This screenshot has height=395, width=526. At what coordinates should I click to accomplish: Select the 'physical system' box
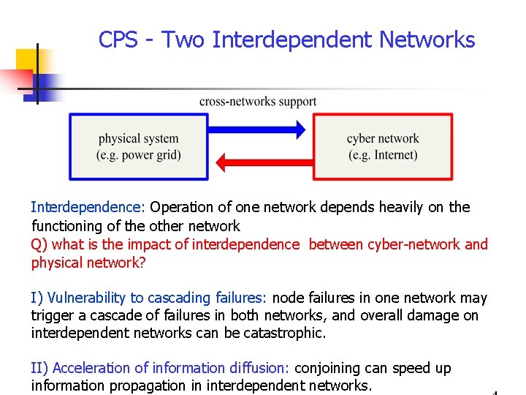pos(139,146)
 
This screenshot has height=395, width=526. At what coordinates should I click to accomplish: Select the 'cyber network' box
pos(383,146)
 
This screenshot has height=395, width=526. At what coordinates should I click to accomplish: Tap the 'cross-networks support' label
pos(258,102)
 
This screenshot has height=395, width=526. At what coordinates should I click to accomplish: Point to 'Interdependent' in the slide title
pos(291,39)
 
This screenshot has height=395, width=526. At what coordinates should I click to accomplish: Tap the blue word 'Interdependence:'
pos(88,207)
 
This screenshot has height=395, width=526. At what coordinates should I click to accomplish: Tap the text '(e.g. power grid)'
pos(139,155)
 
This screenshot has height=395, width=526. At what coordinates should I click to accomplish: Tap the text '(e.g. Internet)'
pos(383,155)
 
